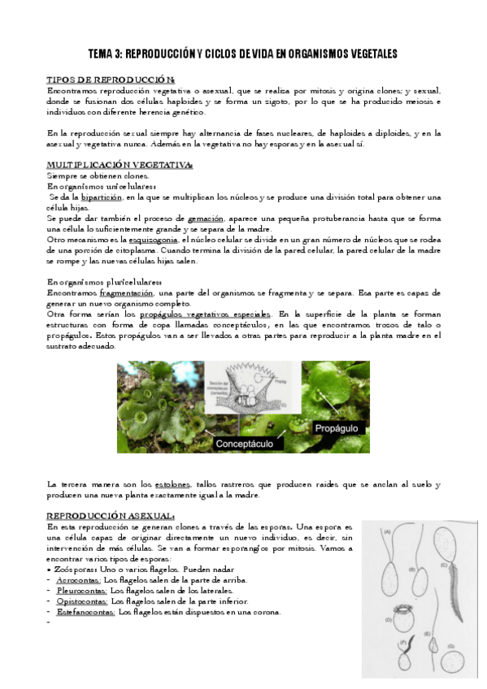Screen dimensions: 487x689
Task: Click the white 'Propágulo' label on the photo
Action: [x=339, y=427]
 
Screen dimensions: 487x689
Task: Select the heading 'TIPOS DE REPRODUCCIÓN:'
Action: [x=110, y=80]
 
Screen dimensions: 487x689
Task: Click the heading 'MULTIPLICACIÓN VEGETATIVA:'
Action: [x=119, y=165]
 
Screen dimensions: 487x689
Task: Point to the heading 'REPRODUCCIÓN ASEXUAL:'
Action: [x=110, y=515]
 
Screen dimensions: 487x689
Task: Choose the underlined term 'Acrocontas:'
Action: [x=78, y=580]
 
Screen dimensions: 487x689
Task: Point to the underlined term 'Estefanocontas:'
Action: [x=85, y=612]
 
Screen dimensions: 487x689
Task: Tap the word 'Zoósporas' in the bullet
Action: [x=73, y=570]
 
